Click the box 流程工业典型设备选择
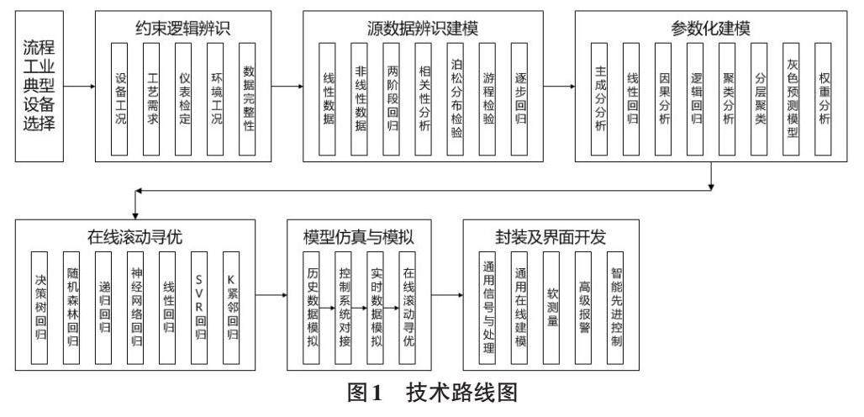[39, 86]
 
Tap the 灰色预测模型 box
[791, 99]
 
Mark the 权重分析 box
[823, 99]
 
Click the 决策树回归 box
[39, 309]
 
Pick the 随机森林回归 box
[72, 309]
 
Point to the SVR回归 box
[200, 309]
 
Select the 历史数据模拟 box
[311, 309]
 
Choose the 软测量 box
[551, 309]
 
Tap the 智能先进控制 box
[615, 309]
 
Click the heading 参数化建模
[711, 29]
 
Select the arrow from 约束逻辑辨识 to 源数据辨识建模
[287, 87]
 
